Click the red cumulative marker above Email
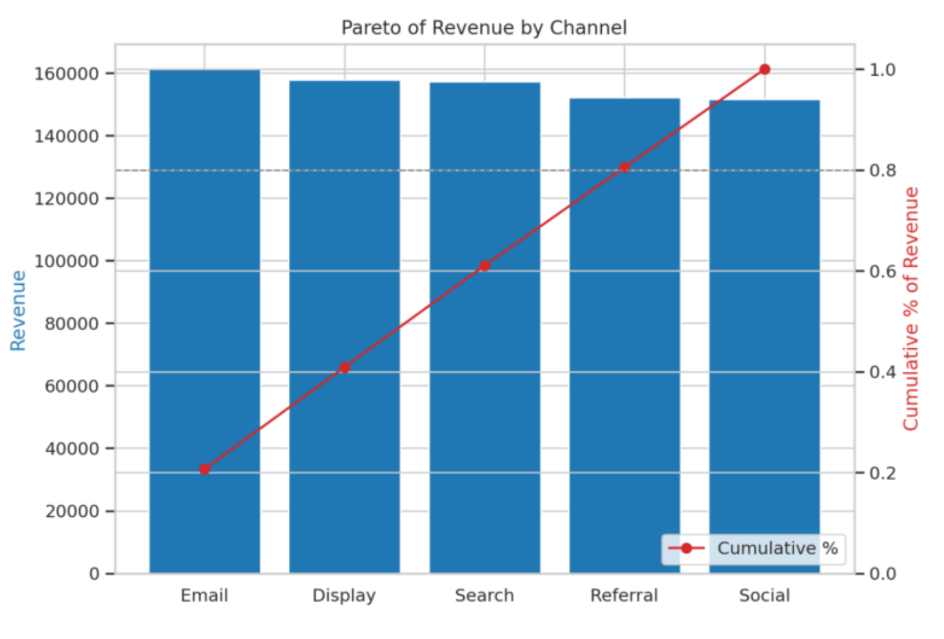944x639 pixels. pos(204,469)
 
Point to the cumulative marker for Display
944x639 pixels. pos(345,368)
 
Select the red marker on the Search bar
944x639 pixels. pos(484,266)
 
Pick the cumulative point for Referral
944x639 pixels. pos(625,167)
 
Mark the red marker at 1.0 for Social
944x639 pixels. pos(764,69)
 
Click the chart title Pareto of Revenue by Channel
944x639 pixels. pos(484,28)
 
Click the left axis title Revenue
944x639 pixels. pos(19,311)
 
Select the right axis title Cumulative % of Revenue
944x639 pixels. pos(911,309)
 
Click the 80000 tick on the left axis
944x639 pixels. pos(72,324)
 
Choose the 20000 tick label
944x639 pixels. pos(72,512)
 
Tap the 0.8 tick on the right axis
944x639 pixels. pos(882,170)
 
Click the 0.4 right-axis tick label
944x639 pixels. pos(882,372)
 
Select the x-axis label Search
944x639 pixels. pos(484,596)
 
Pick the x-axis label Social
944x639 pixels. pos(764,596)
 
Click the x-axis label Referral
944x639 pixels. pos(624,596)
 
